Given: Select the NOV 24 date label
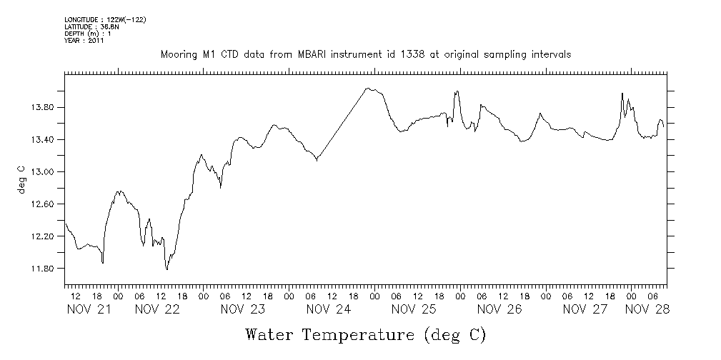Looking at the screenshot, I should pyautogui.click(x=329, y=309).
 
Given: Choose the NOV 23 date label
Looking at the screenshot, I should pyautogui.click(x=243, y=309).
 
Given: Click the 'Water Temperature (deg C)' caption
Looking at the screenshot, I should pyautogui.click(x=365, y=334).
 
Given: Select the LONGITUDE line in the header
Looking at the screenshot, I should pyautogui.click(x=105, y=19).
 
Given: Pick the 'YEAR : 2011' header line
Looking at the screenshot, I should pyautogui.click(x=84, y=41).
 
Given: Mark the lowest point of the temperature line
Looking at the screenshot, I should pyautogui.click(x=167, y=269).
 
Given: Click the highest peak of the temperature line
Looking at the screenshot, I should pyautogui.click(x=368, y=89).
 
